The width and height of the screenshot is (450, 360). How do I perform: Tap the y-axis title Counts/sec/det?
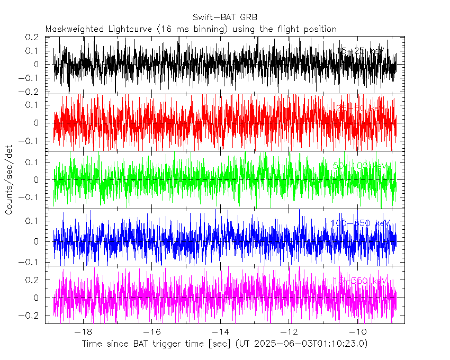[9, 181]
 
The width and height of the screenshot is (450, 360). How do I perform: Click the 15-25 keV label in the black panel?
[360, 51]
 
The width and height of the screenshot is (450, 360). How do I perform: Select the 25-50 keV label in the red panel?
[360, 108]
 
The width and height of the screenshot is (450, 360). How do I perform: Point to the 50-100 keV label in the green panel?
[360, 166]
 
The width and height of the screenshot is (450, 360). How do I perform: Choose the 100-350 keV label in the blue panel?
[360, 223]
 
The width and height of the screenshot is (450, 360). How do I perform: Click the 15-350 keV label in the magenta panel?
[360, 280]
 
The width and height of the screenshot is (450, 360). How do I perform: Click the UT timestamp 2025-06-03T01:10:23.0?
[310, 344]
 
